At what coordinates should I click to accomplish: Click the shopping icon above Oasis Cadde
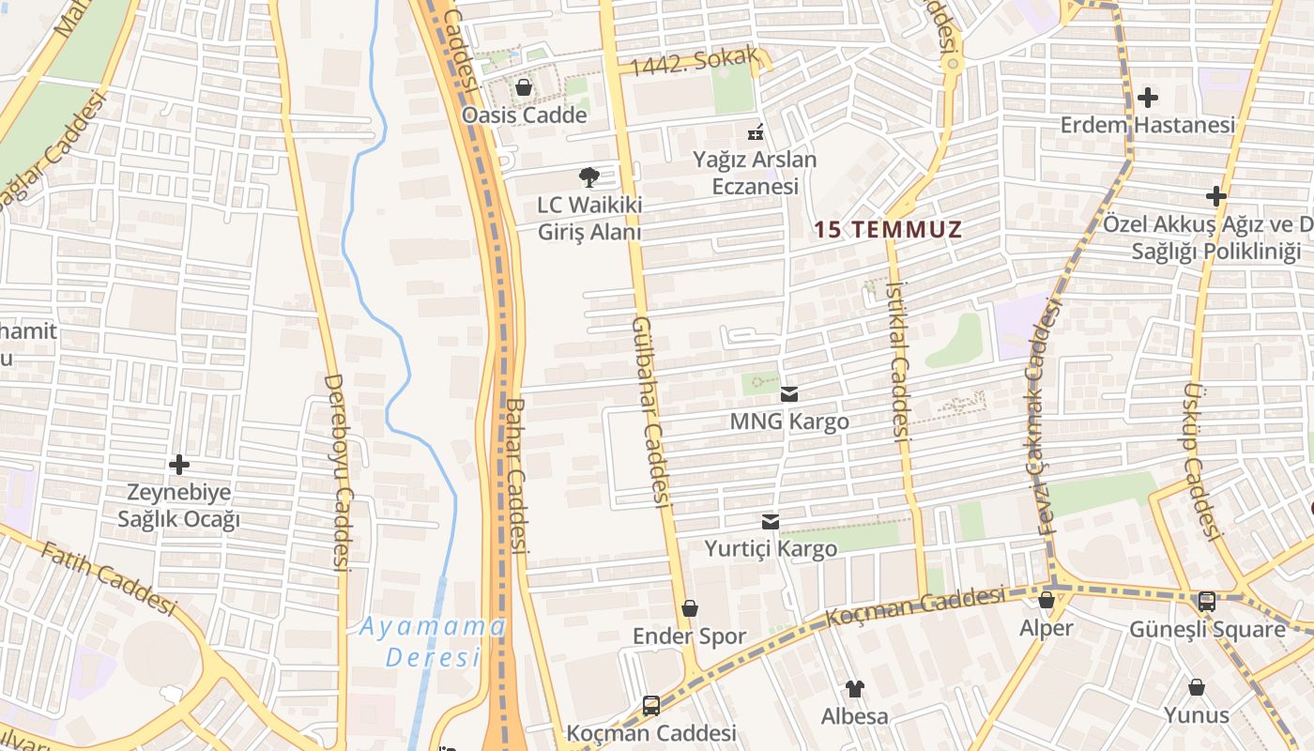click(x=523, y=88)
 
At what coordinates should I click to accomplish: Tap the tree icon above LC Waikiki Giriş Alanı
click(x=588, y=176)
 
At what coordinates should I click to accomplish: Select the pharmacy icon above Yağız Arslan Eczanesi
click(x=755, y=132)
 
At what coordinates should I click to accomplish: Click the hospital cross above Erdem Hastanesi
click(x=1147, y=97)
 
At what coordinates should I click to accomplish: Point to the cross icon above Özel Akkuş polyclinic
click(x=1215, y=196)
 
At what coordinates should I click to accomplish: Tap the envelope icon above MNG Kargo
click(x=789, y=394)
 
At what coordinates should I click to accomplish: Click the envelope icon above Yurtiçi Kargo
click(x=771, y=522)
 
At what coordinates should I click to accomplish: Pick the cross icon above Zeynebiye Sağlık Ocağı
click(x=178, y=465)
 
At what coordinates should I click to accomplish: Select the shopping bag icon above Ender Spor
click(x=690, y=608)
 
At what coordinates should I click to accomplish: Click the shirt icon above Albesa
click(x=854, y=689)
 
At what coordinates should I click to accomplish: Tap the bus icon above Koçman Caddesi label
click(x=651, y=705)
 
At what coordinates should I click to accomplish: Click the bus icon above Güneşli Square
click(x=1207, y=601)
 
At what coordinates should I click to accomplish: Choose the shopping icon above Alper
click(x=1047, y=600)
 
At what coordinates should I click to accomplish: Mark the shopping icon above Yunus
click(x=1197, y=687)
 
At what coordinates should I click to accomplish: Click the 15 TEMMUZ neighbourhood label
click(x=888, y=229)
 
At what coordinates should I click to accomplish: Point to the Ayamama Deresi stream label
click(x=433, y=641)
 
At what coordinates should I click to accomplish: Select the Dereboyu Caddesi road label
click(x=337, y=473)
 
